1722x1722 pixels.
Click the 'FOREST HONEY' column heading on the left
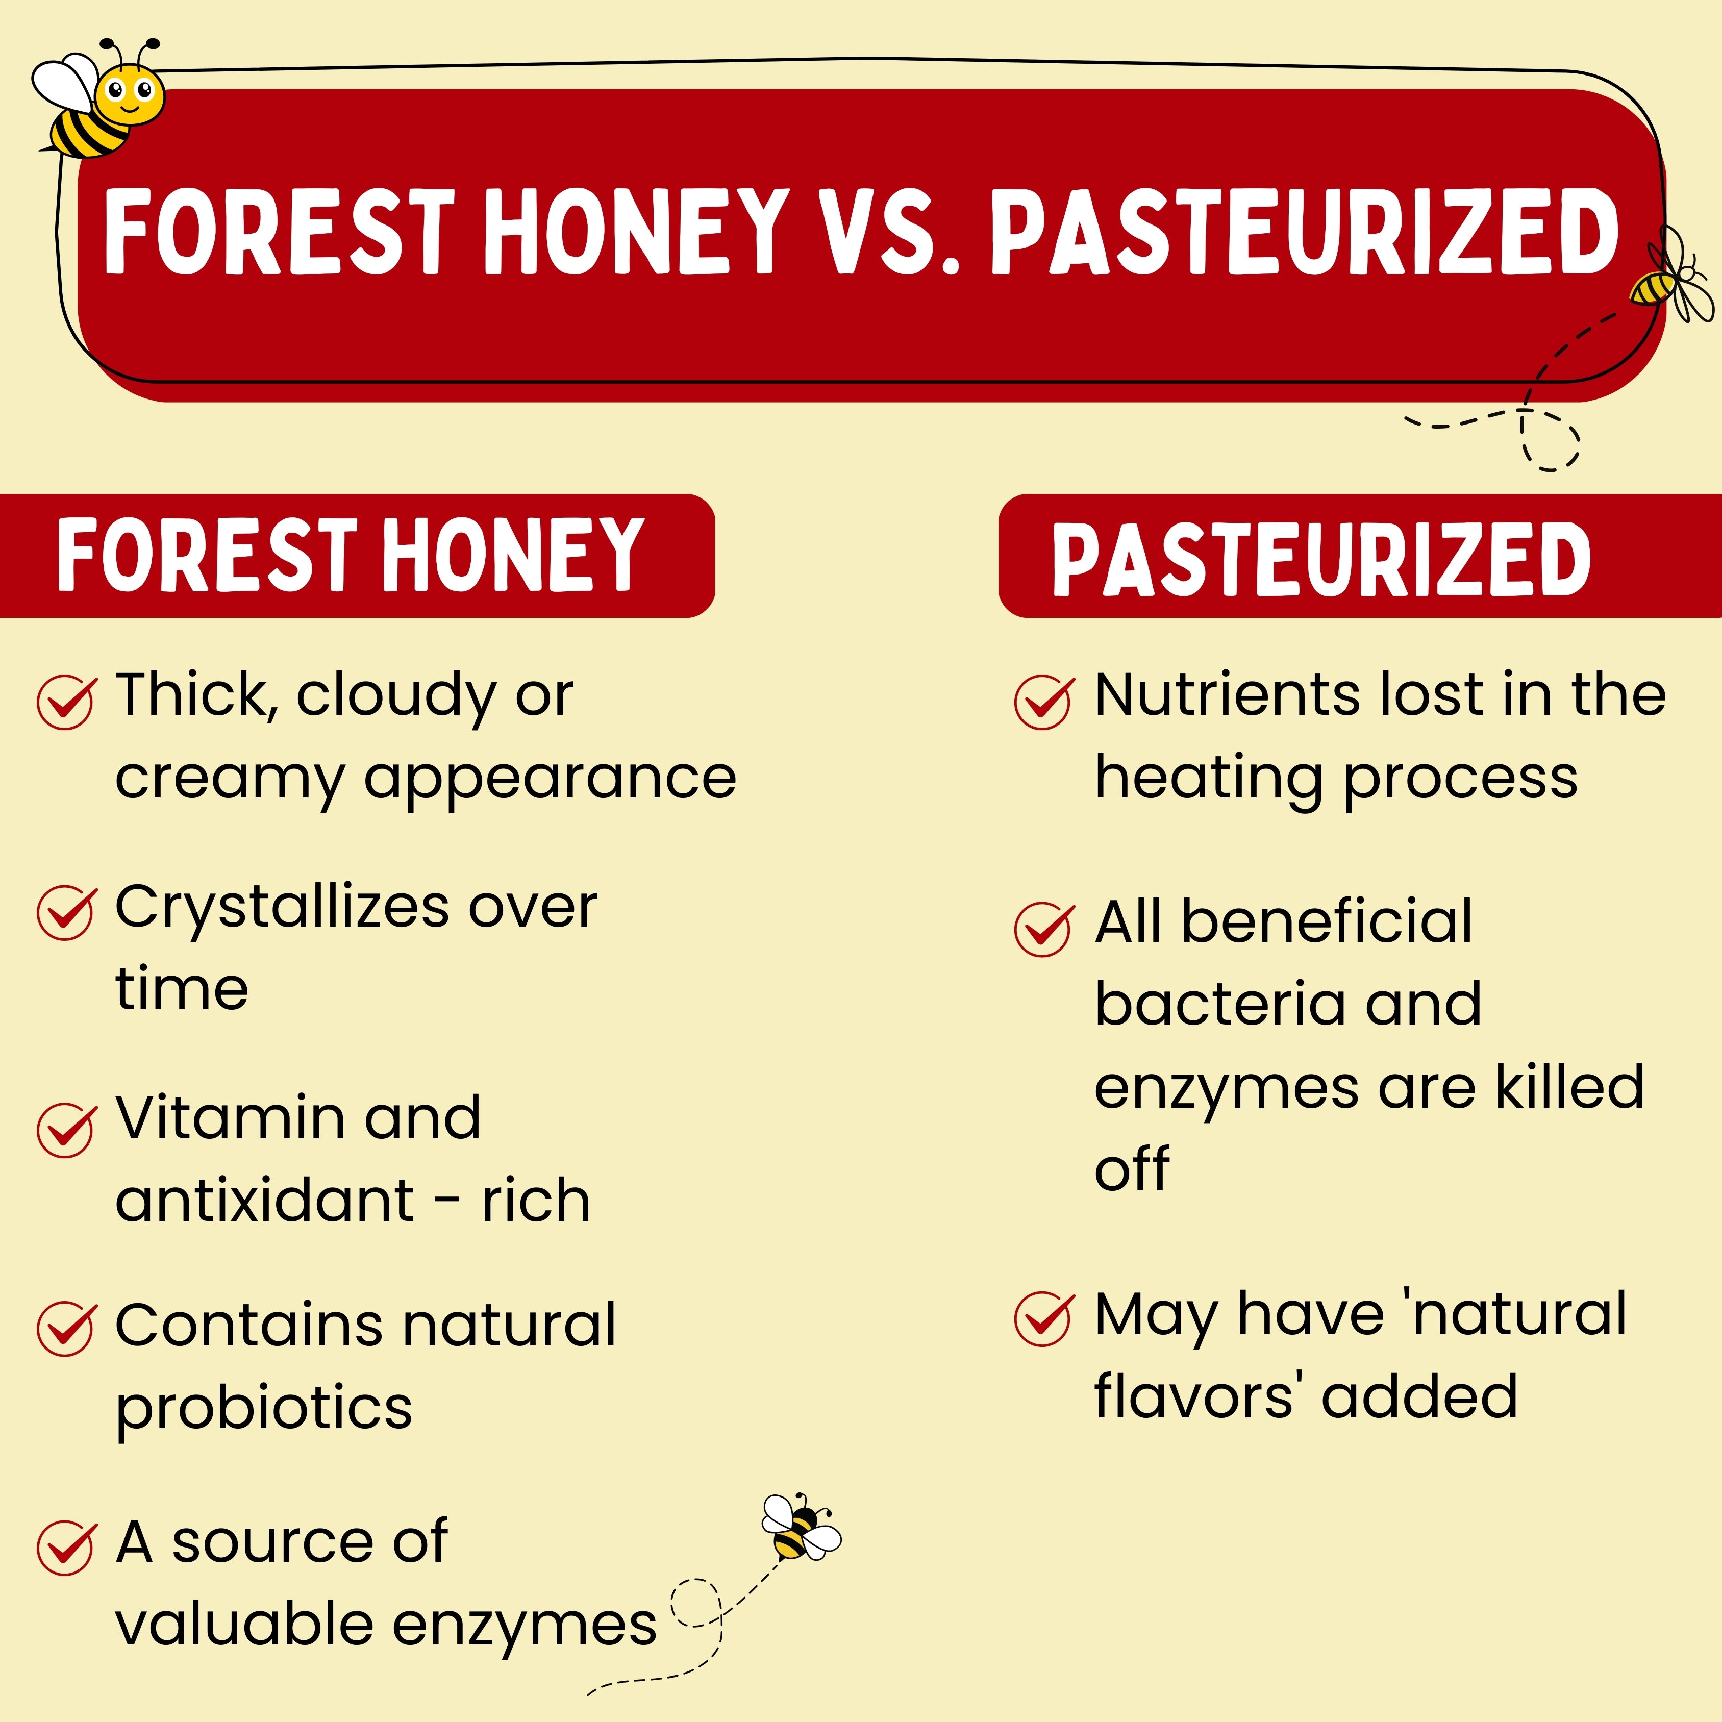pyautogui.click(x=351, y=555)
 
